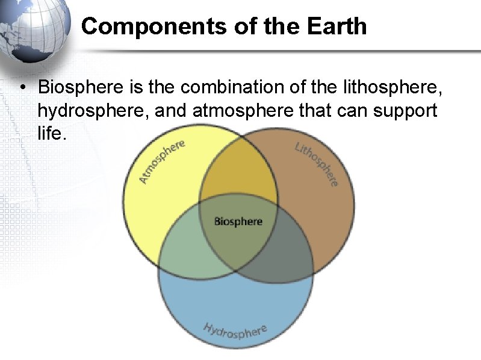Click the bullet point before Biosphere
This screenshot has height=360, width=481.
coord(21,88)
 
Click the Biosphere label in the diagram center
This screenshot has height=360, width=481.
coord(238,222)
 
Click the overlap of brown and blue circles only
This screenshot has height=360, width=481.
coord(289,253)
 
